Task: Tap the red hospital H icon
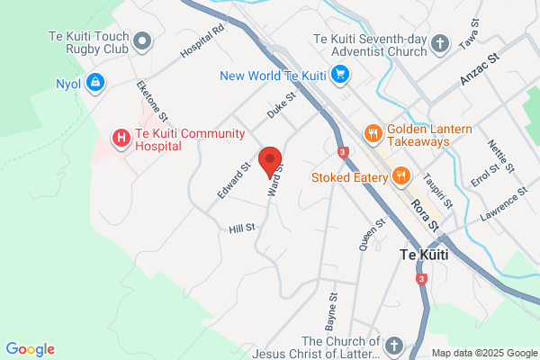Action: coord(120,138)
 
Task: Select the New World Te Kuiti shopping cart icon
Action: coord(338,75)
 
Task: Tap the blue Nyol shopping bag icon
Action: coord(95,85)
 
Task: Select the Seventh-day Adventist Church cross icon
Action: coord(439,43)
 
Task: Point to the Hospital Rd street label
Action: coord(201,41)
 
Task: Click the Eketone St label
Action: coord(152,100)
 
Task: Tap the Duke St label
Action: coord(281,106)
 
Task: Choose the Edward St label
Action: coord(232,181)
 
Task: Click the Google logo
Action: coord(30,349)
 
